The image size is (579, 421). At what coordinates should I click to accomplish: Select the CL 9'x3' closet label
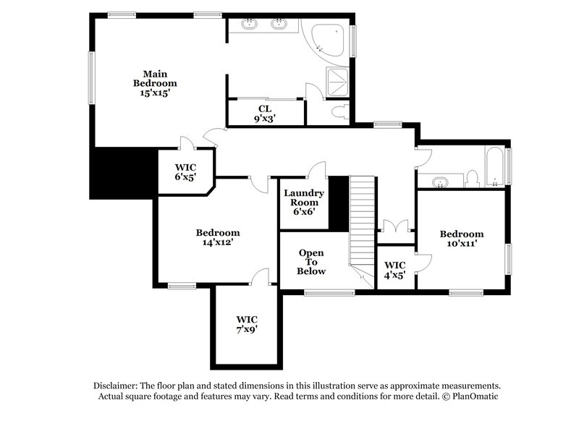(x=264, y=113)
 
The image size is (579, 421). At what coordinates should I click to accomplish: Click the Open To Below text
(x=312, y=262)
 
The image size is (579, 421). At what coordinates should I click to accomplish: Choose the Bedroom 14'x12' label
(x=218, y=238)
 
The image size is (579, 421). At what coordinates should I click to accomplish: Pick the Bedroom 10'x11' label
(x=462, y=239)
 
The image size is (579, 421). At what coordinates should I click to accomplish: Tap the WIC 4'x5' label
(x=394, y=270)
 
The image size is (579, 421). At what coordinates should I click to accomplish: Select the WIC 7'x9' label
(x=247, y=323)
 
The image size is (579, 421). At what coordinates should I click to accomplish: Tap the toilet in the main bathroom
(x=340, y=111)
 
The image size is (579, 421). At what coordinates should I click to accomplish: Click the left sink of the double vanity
(x=251, y=24)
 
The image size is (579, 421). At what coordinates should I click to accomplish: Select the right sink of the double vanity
(x=279, y=24)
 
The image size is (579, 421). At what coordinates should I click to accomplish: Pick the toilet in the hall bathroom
(x=472, y=177)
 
